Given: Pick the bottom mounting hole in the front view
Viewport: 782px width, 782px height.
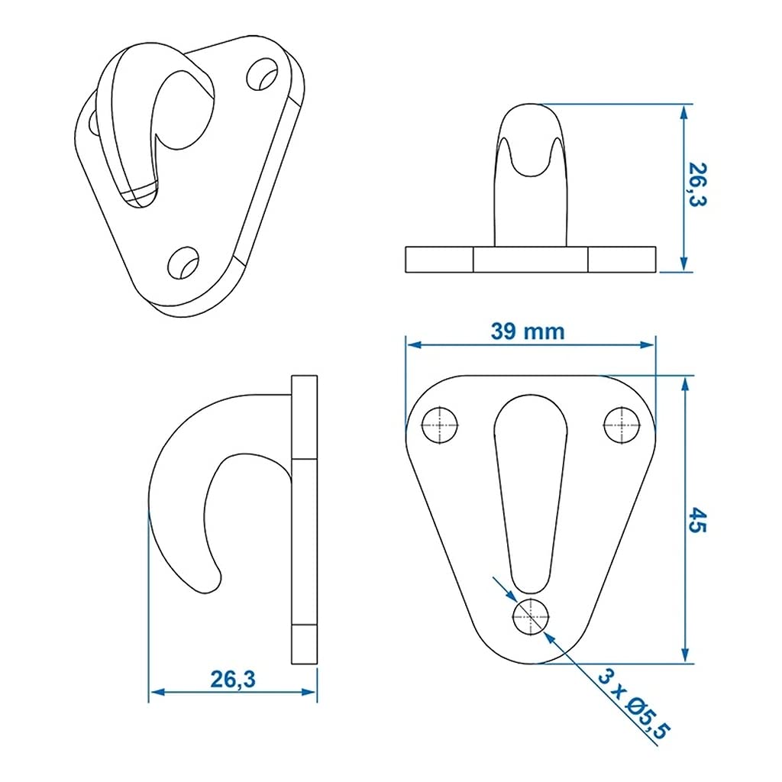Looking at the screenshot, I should pos(531,615).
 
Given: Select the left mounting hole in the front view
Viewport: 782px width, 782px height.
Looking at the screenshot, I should pos(440,424).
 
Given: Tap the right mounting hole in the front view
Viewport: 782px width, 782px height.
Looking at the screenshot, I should pos(622,424).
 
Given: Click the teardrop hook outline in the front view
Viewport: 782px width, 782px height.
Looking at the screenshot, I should pos(531,489).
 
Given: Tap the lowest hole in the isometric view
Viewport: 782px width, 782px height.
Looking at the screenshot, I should pos(184,263).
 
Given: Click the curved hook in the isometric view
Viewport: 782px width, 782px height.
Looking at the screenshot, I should pos(153,122).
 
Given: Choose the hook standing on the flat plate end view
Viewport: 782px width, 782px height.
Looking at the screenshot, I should pos(531,176).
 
